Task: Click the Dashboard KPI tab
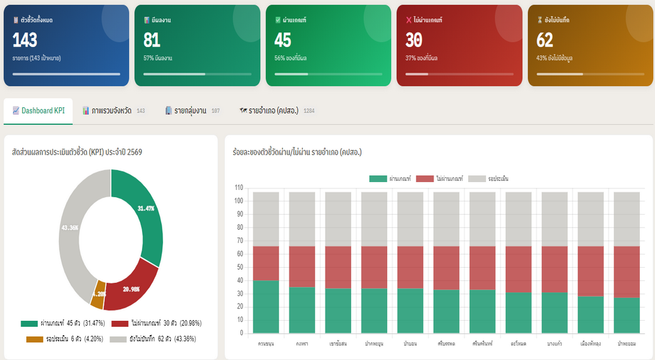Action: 39,111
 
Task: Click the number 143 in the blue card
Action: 25,41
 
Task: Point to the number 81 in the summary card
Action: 152,41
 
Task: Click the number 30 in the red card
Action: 414,41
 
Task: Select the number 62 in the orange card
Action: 545,41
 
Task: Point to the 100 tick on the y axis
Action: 238,201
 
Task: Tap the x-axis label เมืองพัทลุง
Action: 590,342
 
